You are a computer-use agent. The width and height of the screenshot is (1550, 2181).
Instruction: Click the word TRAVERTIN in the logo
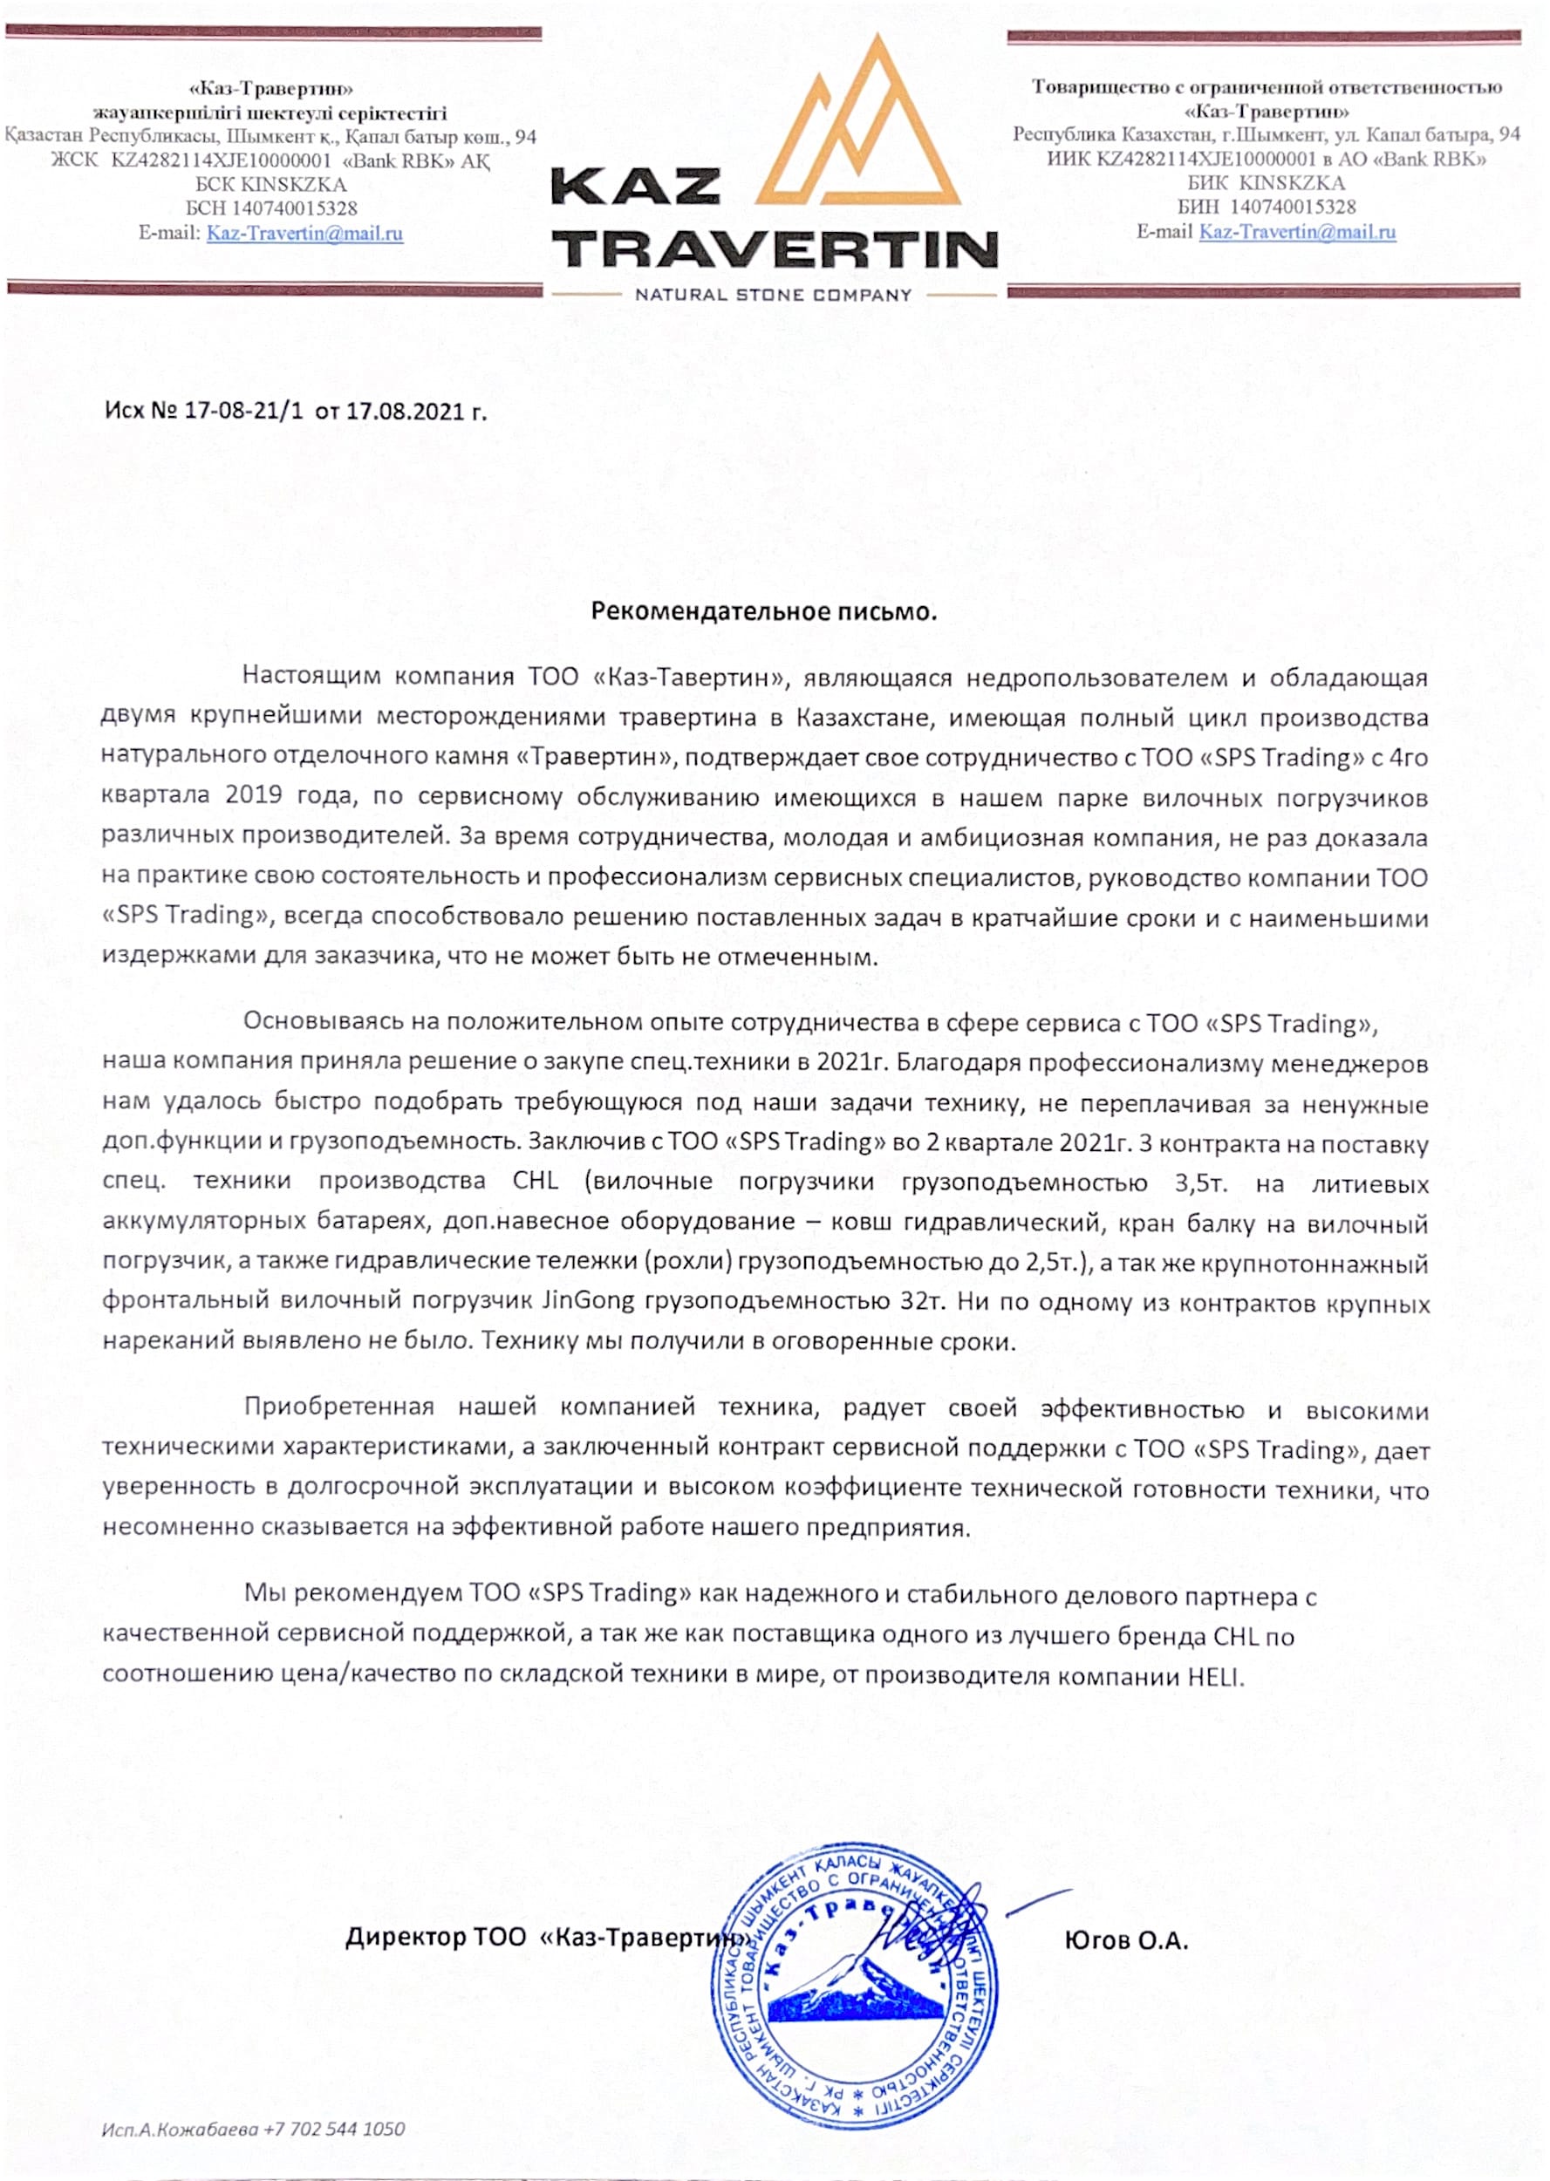click(774, 249)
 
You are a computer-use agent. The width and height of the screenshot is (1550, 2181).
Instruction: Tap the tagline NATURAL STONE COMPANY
click(774, 296)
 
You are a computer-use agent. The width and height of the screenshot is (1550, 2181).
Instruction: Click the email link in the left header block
click(304, 233)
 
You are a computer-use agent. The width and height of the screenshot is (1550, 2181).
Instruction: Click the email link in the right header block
click(1297, 232)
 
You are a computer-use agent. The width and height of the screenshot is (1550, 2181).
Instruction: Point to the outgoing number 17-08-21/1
click(243, 412)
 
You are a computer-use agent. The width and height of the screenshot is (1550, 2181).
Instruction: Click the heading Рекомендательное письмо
click(763, 611)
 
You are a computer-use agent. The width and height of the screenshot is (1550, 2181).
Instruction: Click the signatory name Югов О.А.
click(1126, 1940)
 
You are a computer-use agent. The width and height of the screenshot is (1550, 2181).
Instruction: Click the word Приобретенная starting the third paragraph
click(338, 1407)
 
